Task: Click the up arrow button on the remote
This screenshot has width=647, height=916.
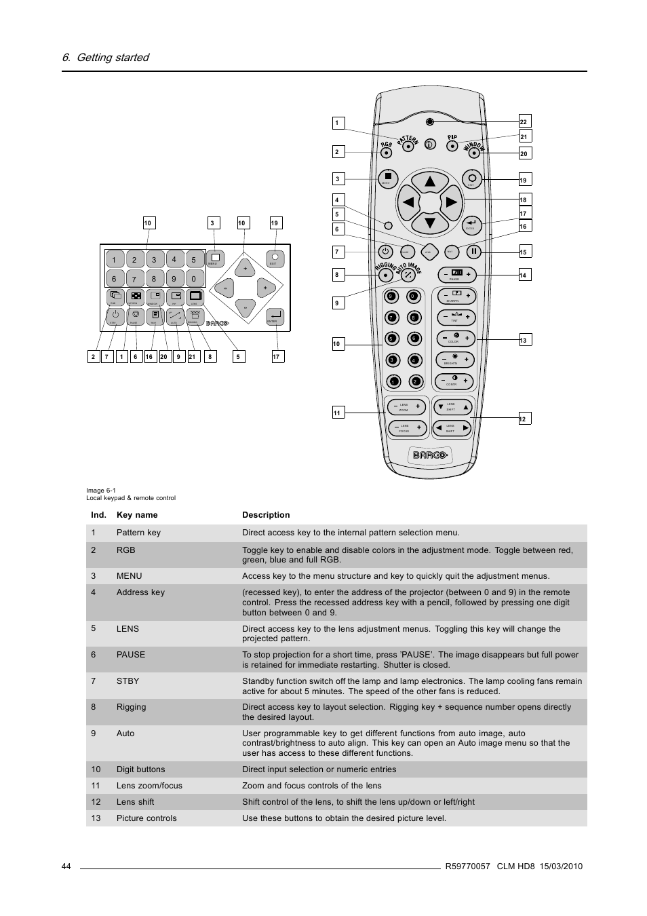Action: pyautogui.click(x=429, y=182)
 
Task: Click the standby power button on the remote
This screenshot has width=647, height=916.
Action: pyautogui.click(x=385, y=251)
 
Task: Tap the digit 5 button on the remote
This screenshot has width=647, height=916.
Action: pyautogui.click(x=391, y=339)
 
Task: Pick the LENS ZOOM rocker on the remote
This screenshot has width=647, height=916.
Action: pyautogui.click(x=406, y=407)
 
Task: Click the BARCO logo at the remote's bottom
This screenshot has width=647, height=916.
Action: pyautogui.click(x=430, y=454)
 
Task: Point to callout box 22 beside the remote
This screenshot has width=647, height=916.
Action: pyautogui.click(x=524, y=121)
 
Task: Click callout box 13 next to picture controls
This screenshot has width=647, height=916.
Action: pyautogui.click(x=524, y=340)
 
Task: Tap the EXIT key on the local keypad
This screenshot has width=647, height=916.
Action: pyautogui.click(x=275, y=259)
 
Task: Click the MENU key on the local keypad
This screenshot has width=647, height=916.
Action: pyautogui.click(x=215, y=259)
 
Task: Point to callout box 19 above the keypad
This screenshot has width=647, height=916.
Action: pyautogui.click(x=275, y=223)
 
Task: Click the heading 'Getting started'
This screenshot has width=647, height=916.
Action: pyautogui.click(x=106, y=58)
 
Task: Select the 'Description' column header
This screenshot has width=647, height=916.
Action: pyautogui.click(x=266, y=515)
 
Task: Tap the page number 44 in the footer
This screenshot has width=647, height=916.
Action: pyautogui.click(x=66, y=866)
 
